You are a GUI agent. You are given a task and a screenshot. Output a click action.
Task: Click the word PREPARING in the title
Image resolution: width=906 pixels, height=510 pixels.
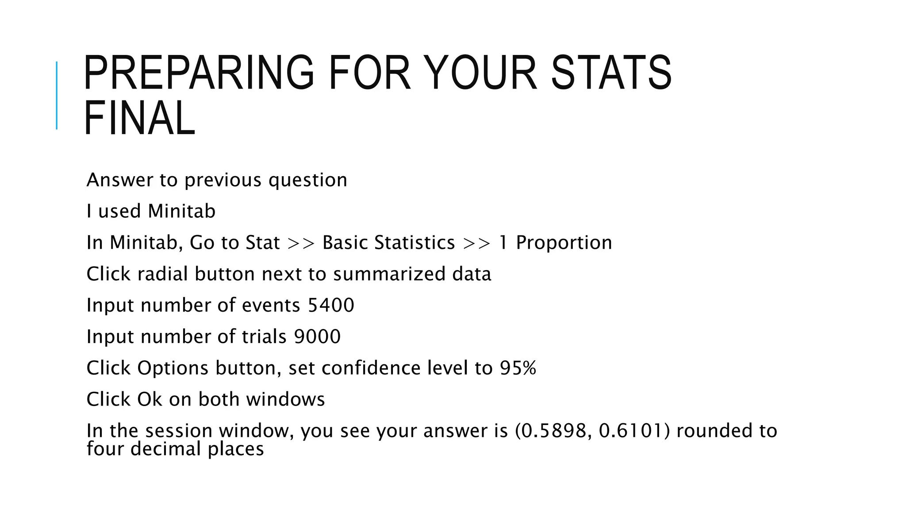(x=199, y=73)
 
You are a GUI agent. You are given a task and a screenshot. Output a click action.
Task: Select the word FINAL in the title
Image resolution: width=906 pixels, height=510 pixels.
(x=139, y=118)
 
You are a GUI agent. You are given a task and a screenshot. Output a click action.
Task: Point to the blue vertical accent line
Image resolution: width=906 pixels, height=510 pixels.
(x=57, y=95)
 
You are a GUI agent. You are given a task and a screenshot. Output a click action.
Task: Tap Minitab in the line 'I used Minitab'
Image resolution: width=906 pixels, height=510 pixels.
(x=181, y=211)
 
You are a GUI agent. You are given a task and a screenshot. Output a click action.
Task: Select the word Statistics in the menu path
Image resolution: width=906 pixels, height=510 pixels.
(x=415, y=243)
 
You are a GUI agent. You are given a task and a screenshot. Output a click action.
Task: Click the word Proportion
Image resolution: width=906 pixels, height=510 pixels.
(x=564, y=243)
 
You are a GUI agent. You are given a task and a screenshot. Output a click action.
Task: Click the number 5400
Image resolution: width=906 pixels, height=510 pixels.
(x=331, y=305)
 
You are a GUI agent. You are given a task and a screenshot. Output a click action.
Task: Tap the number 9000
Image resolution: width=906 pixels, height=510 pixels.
(x=317, y=337)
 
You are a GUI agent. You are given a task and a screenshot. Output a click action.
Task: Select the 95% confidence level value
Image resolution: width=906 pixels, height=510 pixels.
(x=518, y=368)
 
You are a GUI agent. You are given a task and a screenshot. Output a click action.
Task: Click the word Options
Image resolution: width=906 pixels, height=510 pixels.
(x=173, y=368)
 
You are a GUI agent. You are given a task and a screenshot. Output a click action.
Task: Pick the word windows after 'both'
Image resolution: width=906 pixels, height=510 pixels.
(x=285, y=399)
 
